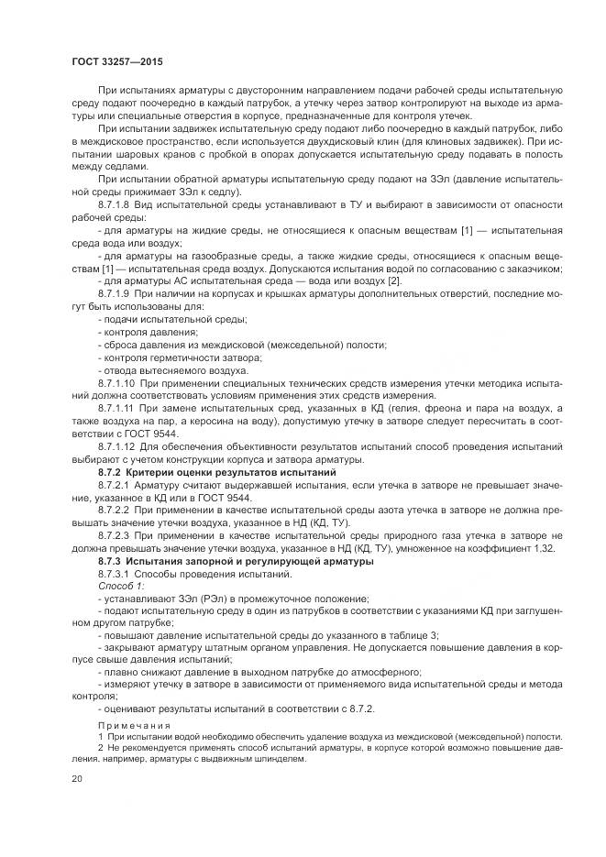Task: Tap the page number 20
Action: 76,779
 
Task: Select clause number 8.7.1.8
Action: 113,207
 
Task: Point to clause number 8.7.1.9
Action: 113,291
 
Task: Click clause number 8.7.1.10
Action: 116,380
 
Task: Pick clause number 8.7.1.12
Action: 116,445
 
